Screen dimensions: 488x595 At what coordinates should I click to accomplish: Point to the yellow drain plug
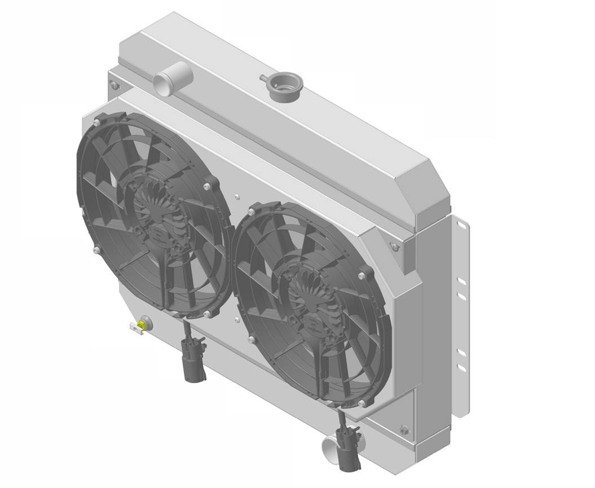[x=144, y=324]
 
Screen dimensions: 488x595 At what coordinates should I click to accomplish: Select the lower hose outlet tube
[x=330, y=449]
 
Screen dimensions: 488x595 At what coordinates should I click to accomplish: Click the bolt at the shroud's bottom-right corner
[x=404, y=430]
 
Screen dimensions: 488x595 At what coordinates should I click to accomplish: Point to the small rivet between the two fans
[x=237, y=197]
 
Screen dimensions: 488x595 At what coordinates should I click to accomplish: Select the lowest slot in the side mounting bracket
[x=461, y=368]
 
